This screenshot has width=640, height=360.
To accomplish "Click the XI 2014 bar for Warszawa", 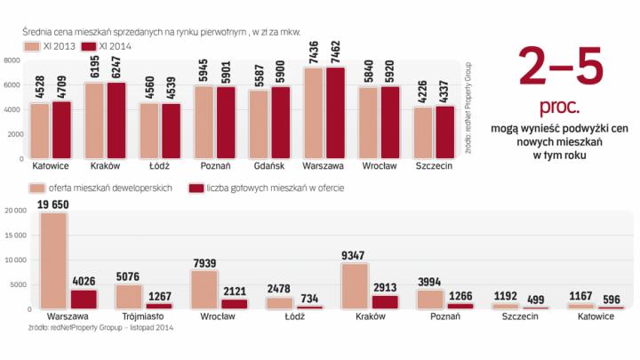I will [336, 113].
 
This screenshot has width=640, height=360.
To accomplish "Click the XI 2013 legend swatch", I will [32, 45].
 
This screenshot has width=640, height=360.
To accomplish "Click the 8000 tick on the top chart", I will [12, 60].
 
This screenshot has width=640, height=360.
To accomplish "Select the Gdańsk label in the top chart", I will [270, 166].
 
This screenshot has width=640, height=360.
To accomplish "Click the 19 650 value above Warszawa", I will [54, 204].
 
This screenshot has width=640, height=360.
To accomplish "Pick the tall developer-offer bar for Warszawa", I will [54, 260].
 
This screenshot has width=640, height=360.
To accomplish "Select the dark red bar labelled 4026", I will [84, 299].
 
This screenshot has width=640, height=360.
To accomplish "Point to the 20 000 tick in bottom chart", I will [15, 212].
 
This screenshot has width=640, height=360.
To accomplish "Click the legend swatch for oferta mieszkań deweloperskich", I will [38, 188].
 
